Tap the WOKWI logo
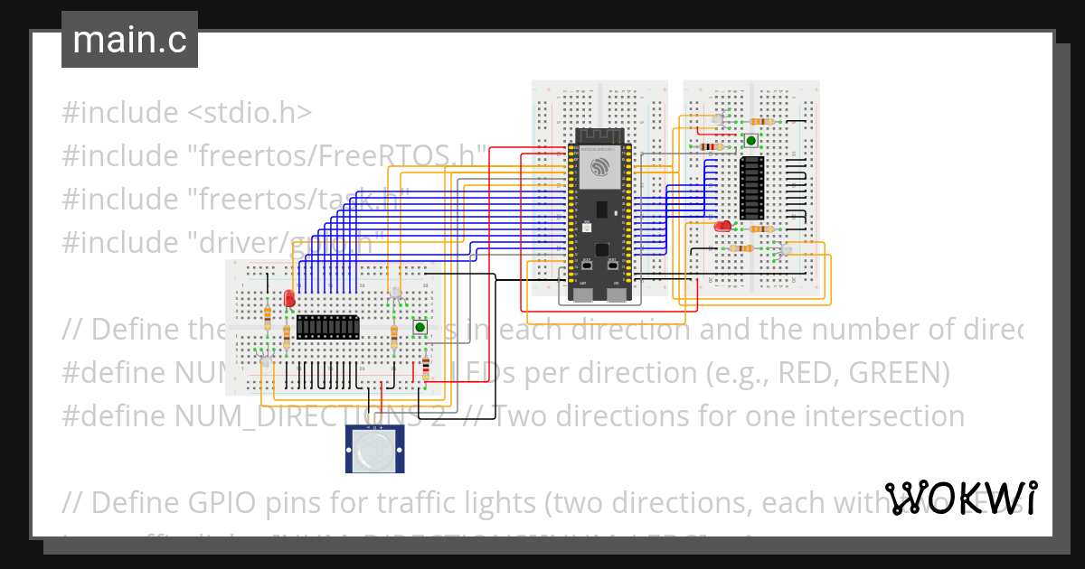pos(961,499)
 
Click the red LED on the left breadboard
pos(289,297)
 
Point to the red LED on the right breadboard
pos(722,227)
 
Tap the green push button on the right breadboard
pos(750,140)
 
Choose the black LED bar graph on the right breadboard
pos(750,188)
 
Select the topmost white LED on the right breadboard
pos(719,119)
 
